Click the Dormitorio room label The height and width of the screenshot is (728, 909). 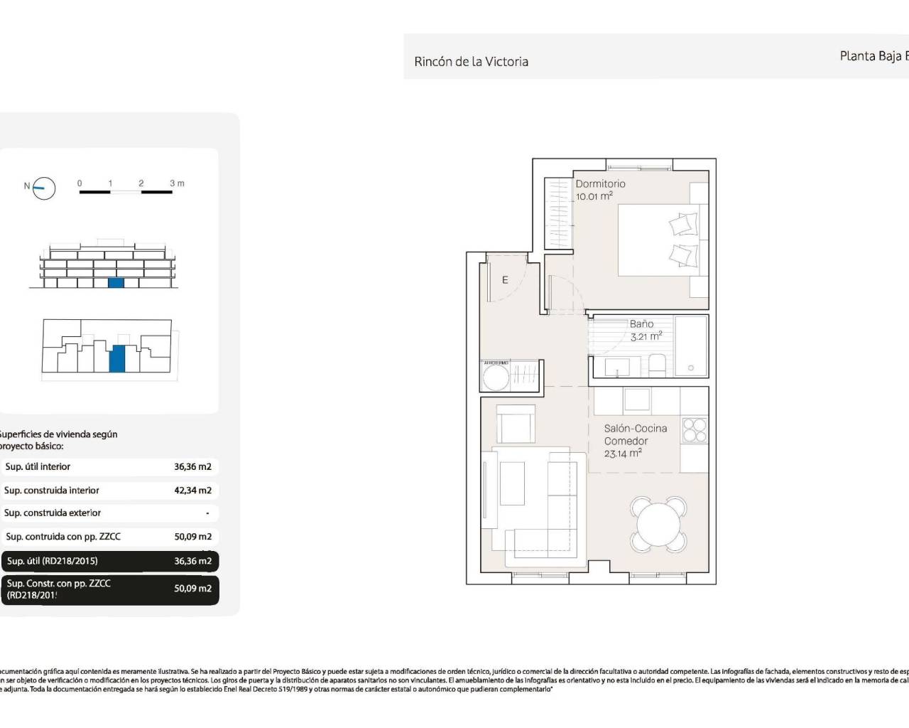click(600, 183)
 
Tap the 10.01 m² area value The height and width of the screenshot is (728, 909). click(594, 196)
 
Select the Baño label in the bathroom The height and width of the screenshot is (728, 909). click(641, 323)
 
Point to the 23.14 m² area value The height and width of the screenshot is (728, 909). click(623, 454)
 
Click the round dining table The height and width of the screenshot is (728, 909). click(658, 525)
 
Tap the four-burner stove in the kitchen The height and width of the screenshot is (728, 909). click(694, 430)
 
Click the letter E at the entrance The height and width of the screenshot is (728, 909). click(505, 280)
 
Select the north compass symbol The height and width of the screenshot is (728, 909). click(44, 188)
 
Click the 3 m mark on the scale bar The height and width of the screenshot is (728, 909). click(177, 183)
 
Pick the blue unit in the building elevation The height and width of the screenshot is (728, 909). click(116, 282)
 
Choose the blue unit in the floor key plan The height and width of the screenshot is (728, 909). click(117, 358)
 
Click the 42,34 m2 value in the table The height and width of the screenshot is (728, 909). click(192, 491)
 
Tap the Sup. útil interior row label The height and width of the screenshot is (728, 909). click(38, 467)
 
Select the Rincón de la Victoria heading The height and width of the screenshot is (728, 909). click(471, 62)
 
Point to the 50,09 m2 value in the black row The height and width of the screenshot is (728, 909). click(192, 589)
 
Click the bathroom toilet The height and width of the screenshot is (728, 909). click(656, 365)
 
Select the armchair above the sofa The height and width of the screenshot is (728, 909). click(515, 425)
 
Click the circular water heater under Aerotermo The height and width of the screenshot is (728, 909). click(496, 378)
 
